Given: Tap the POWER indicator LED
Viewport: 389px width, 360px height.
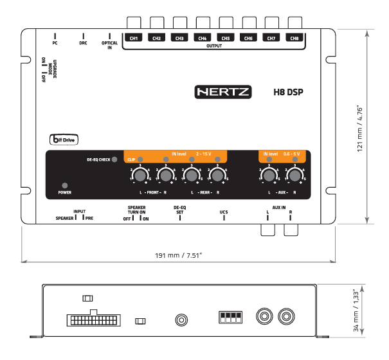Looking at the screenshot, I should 64,185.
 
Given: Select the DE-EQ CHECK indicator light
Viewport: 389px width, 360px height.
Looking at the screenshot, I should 114,159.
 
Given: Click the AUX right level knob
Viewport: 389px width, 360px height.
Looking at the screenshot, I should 295,175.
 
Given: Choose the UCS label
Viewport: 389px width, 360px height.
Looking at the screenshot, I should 224,210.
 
